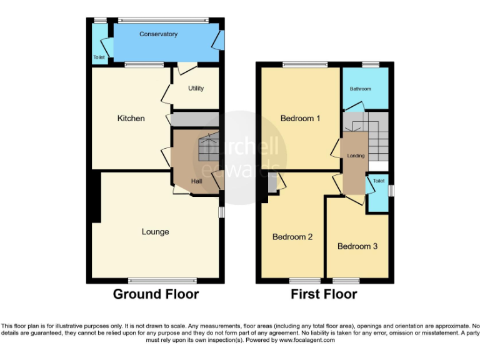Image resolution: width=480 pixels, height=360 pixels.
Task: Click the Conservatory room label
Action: point(158,34)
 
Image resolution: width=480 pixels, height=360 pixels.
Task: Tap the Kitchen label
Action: point(131,118)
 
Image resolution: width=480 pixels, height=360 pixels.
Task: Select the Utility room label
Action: point(196,88)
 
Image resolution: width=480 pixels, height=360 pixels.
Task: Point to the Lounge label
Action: point(155,232)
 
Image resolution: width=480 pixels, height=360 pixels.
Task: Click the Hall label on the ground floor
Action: point(196,181)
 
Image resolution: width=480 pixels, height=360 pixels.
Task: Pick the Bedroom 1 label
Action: point(300,118)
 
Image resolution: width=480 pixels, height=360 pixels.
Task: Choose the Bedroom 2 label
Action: point(292,237)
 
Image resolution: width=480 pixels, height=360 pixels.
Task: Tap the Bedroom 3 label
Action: point(357,246)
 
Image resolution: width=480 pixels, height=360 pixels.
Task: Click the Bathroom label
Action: point(360,89)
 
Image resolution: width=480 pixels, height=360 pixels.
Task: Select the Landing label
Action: point(356,156)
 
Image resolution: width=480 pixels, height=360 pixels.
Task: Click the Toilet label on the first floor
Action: point(378,181)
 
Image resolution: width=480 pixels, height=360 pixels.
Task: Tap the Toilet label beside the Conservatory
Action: point(99,57)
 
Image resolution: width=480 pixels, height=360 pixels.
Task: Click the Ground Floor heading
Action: point(156,294)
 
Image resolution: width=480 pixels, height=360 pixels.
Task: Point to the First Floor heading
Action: point(324,294)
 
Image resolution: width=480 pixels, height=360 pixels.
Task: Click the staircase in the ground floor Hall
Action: point(209,149)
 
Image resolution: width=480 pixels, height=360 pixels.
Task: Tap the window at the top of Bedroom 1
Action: point(304,64)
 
